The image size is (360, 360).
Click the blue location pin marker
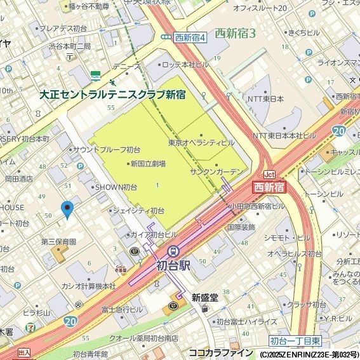[x=67, y=210]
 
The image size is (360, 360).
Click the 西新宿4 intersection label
[x=189, y=37]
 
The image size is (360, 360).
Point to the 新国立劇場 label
[x=147, y=164]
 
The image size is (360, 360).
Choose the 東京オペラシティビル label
[x=202, y=143]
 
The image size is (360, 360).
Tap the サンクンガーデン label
[x=217, y=172]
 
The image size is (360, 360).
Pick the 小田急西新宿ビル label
[x=255, y=206]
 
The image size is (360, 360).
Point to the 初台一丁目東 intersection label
[x=294, y=340]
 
